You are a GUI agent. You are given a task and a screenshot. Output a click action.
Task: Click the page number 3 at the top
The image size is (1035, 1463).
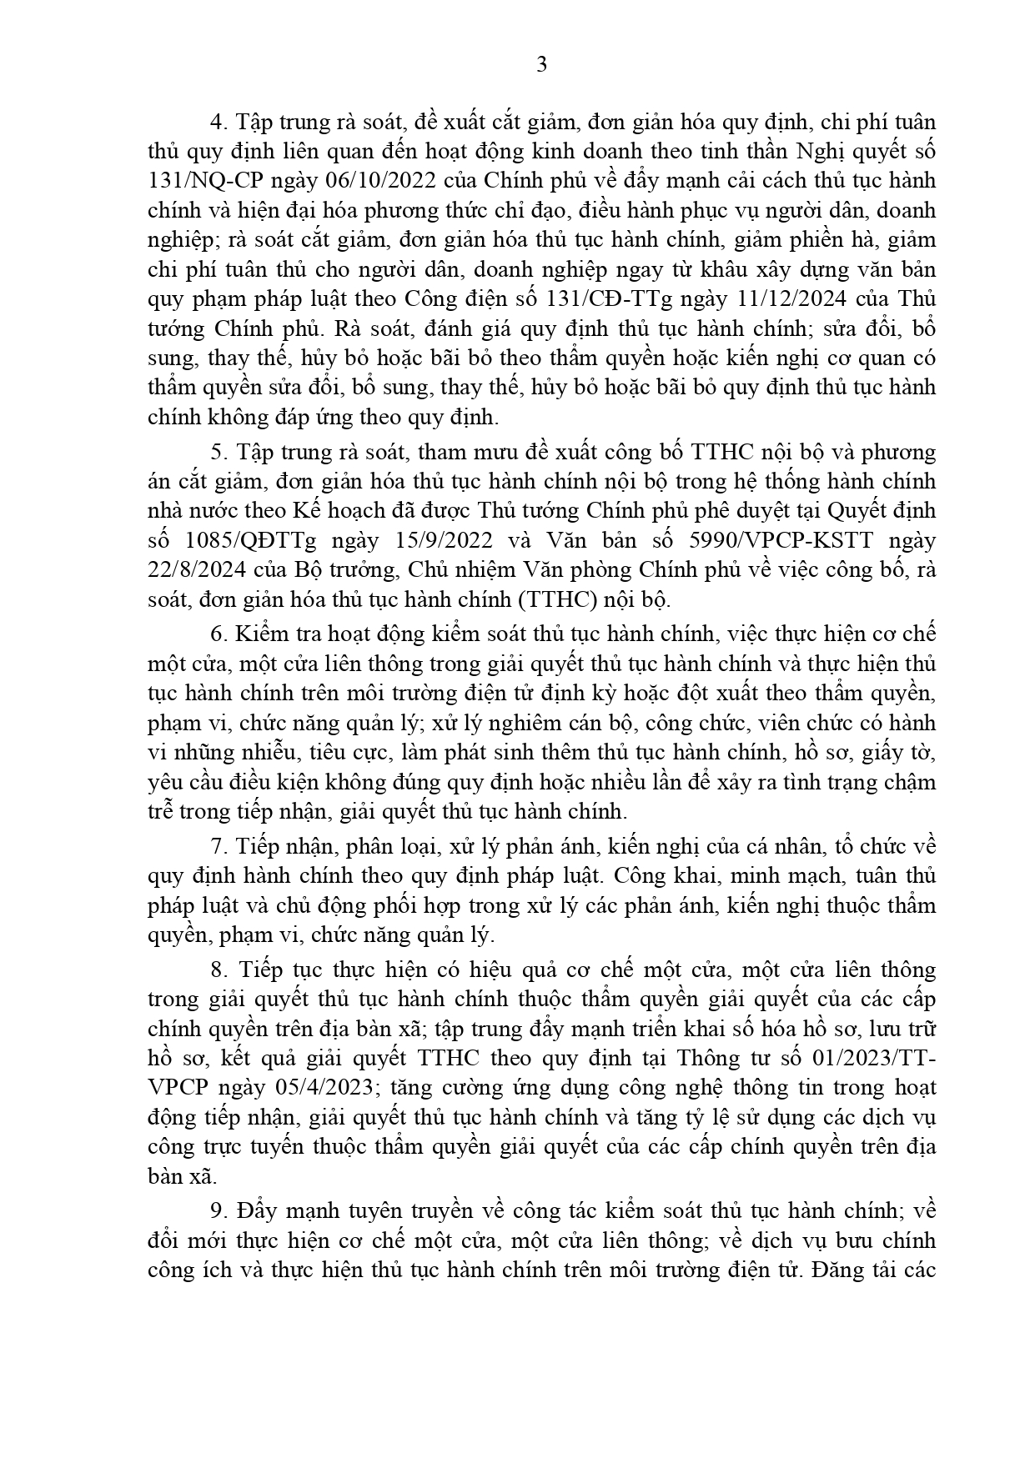pos(541,65)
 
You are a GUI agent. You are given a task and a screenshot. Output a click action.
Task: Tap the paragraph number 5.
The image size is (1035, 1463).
pos(219,452)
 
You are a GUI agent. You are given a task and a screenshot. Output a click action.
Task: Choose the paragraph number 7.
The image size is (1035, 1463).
pos(219,847)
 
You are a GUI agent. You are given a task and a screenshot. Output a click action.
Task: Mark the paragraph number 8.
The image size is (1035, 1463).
pos(219,970)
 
